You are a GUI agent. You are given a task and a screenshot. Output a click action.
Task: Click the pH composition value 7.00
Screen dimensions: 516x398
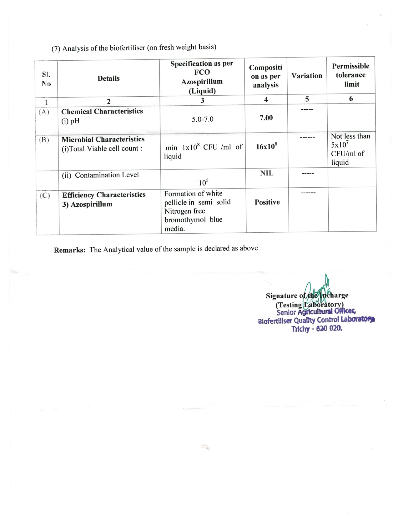pos(266,118)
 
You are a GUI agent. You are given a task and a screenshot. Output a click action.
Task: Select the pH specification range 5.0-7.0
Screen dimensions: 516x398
pos(203,119)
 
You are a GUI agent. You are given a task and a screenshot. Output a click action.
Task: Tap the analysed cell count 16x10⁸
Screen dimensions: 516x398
pos(266,146)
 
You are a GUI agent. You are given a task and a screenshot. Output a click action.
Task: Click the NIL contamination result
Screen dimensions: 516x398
pos(267,173)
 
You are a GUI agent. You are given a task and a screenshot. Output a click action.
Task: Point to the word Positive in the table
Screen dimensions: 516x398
pos(267,202)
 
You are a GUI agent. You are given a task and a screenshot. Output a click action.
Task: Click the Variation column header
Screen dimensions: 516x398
pos(307,76)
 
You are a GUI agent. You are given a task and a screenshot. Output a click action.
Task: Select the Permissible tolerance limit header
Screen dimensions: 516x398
pos(351,75)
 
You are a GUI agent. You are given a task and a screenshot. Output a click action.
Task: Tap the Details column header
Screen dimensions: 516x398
pos(108,78)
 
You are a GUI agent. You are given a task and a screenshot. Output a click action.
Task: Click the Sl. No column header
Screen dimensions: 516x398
pos(46,79)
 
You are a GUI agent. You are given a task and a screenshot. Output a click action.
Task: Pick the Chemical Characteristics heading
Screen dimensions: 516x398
pos(102,111)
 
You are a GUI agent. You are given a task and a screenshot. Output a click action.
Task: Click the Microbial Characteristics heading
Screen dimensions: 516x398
pos(103,139)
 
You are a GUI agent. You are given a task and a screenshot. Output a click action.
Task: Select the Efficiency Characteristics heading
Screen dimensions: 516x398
pos(104,195)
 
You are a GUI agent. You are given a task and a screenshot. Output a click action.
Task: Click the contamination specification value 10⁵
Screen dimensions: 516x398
pos(204,182)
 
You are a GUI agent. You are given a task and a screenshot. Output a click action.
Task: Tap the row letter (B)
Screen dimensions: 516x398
pos(44,140)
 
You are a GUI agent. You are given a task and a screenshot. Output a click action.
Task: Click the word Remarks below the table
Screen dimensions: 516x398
pos(69,250)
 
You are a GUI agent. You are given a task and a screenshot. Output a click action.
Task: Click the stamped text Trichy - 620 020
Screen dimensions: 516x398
pos(317,329)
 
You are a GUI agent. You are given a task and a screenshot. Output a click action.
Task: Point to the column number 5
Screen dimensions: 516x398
pos(307,99)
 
